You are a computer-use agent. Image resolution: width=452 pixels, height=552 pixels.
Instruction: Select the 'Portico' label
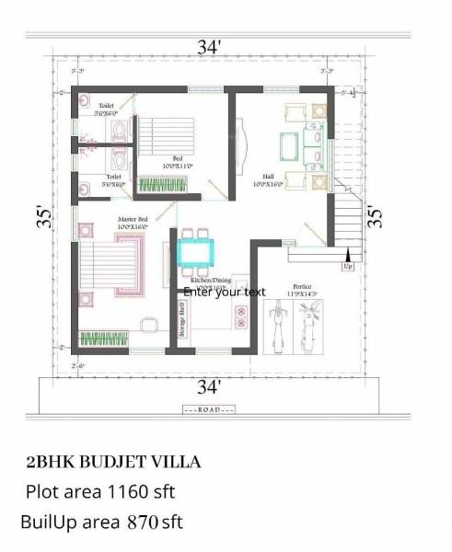coord(302,287)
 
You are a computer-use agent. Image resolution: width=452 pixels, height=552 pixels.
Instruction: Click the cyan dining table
coord(194,250)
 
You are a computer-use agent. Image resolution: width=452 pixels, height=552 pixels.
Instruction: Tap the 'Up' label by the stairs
coord(348,266)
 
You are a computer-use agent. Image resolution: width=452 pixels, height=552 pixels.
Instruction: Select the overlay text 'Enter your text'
coord(225,292)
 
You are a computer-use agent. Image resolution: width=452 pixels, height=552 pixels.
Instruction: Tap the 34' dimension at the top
coord(206,46)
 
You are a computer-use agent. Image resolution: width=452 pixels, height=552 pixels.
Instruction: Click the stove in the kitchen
coord(242,318)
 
